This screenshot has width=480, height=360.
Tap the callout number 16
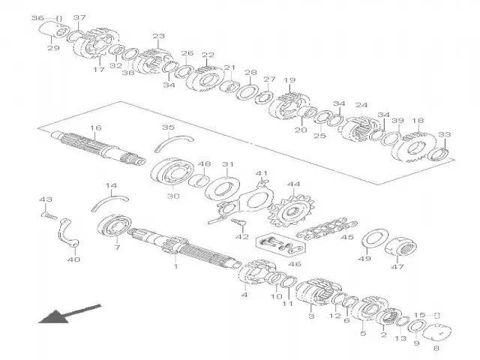(x=95, y=129)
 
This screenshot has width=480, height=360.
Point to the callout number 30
(x=173, y=196)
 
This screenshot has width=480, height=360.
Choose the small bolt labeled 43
(x=49, y=215)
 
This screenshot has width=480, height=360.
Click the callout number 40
(x=73, y=260)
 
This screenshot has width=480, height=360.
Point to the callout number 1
(x=175, y=266)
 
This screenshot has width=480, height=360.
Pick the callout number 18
(x=418, y=120)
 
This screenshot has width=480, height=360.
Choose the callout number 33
(x=445, y=135)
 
